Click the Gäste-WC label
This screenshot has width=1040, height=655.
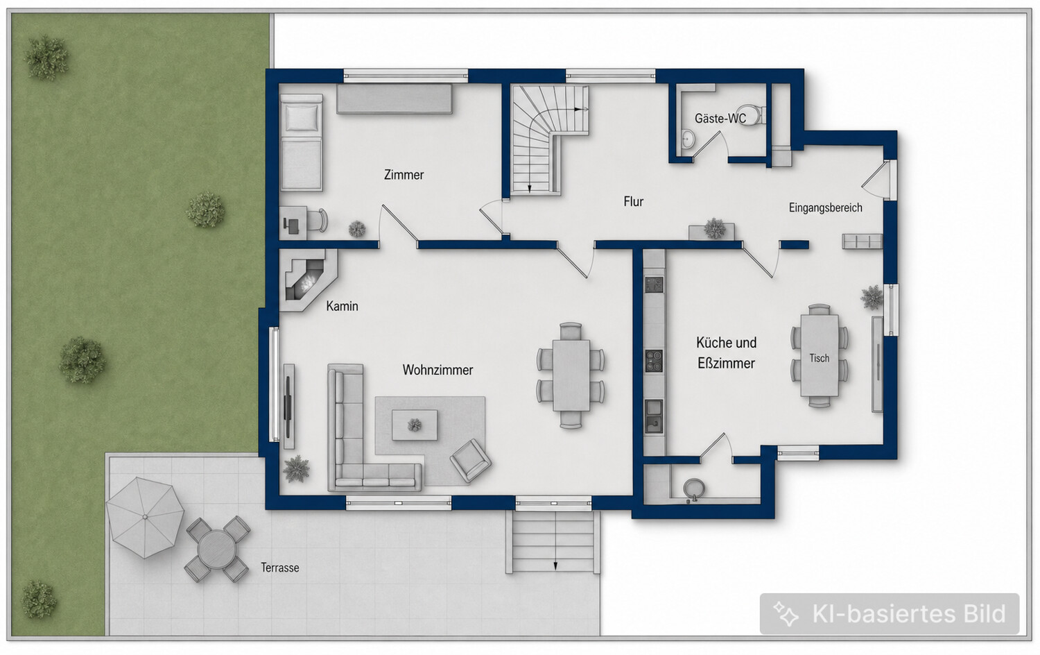click(x=720, y=119)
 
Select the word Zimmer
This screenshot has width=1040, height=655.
click(x=404, y=175)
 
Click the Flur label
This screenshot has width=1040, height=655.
click(x=633, y=201)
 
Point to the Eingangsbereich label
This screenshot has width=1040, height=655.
click(x=826, y=207)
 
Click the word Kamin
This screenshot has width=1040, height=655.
click(x=343, y=306)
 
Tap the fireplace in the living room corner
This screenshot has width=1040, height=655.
click(x=307, y=280)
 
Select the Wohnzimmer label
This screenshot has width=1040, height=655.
click(x=437, y=370)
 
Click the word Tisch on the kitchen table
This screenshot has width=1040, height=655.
click(x=819, y=358)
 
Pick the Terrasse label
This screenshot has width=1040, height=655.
click(x=279, y=567)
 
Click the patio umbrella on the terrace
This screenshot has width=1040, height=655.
click(x=145, y=517)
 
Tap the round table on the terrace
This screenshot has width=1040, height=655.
click(x=216, y=549)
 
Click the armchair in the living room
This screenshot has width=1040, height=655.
click(x=470, y=460)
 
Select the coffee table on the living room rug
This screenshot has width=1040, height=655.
click(x=415, y=425)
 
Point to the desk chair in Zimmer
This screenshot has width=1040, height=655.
click(x=318, y=220)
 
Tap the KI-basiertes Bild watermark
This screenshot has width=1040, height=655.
click(x=889, y=613)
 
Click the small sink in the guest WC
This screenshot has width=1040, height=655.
click(x=688, y=138)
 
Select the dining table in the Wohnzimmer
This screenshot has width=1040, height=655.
click(x=571, y=375)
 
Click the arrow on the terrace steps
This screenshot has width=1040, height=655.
click(x=555, y=565)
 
